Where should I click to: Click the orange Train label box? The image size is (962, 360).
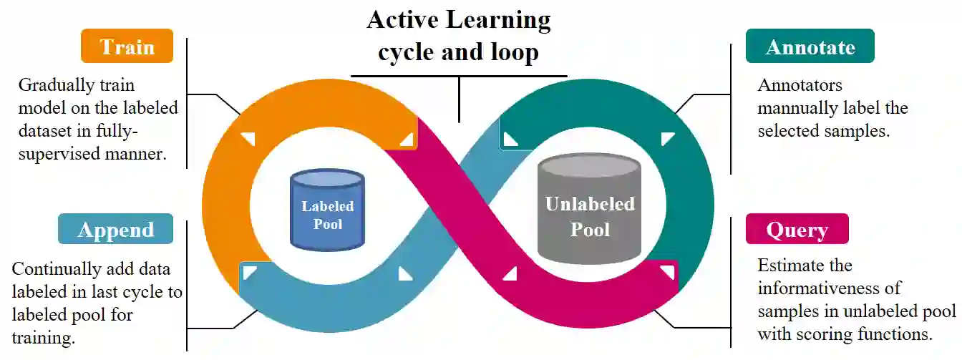127,47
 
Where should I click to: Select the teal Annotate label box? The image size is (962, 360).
810,47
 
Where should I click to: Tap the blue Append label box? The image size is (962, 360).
116,230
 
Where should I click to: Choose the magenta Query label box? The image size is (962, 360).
797,230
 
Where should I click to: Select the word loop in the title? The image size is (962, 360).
510,52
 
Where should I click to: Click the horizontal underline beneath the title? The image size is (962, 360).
458,76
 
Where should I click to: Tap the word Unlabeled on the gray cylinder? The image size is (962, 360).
589,204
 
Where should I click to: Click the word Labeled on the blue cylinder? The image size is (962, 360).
327,206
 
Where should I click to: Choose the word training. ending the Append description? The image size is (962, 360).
44,337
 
